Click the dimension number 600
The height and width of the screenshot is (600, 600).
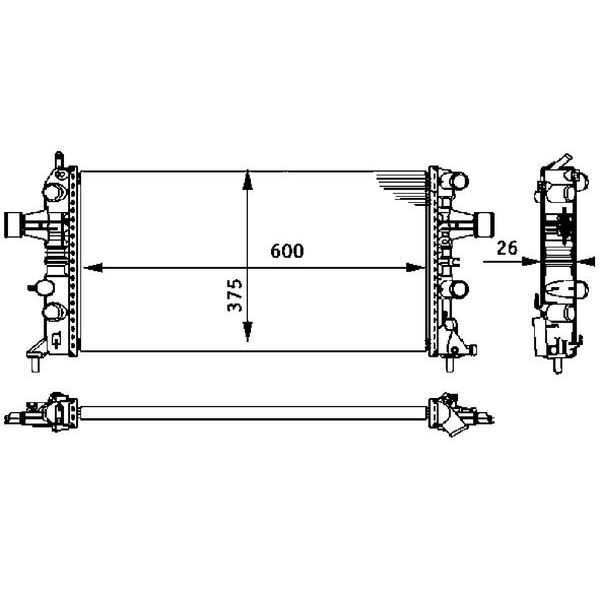point(286,253)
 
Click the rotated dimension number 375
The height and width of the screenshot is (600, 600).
point(235,296)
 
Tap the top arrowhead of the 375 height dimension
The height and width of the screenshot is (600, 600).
point(249,179)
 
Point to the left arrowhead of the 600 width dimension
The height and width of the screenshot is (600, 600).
point(88,267)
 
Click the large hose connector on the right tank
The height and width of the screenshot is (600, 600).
point(484,222)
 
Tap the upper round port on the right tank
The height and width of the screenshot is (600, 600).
point(459,182)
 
